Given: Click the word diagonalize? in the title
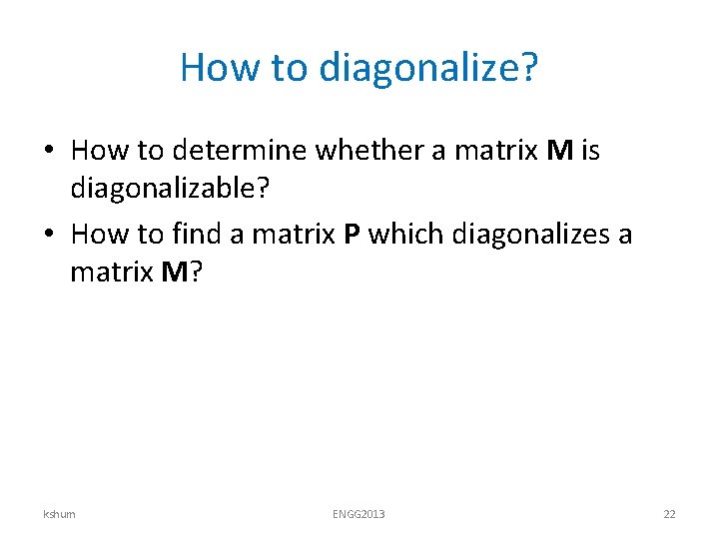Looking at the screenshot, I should (x=428, y=68).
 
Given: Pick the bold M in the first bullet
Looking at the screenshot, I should (x=559, y=151).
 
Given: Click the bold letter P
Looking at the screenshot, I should (x=352, y=234).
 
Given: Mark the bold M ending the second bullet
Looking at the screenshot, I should (x=173, y=271).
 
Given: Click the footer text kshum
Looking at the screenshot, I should (x=59, y=514).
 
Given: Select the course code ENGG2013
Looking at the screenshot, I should (x=359, y=514).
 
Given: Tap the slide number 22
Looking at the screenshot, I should (x=669, y=514).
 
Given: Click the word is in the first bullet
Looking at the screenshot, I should (x=590, y=151).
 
